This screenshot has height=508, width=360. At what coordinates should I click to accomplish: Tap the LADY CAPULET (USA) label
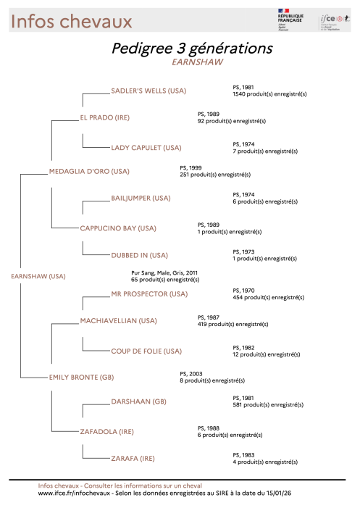point(146,148)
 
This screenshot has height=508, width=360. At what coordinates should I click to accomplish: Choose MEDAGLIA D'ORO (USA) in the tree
point(88,172)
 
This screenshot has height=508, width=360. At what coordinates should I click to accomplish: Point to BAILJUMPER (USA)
point(141,198)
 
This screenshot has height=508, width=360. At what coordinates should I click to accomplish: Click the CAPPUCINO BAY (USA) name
point(118,228)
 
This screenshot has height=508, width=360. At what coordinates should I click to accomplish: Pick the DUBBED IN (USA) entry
point(139,255)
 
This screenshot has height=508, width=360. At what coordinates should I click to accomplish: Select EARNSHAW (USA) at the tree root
point(38,276)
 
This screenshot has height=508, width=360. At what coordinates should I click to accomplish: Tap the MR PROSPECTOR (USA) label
point(148,294)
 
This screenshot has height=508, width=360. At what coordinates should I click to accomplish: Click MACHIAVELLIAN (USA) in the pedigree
point(119,320)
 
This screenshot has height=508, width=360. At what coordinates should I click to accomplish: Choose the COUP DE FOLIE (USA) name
point(146,351)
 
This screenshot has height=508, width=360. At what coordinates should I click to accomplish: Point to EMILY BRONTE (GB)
point(81,378)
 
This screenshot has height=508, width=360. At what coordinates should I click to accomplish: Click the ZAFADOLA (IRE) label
point(106,432)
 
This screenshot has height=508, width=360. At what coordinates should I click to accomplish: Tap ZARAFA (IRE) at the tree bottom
point(133,459)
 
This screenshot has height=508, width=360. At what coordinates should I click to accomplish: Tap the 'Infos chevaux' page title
point(71,22)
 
